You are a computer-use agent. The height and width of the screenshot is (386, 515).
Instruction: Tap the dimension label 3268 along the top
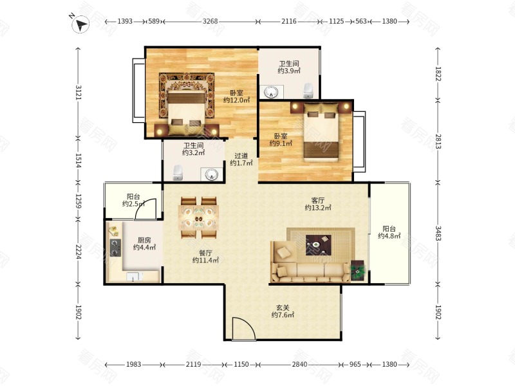210,21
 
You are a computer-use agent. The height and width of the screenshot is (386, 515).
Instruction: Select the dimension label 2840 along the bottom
300,364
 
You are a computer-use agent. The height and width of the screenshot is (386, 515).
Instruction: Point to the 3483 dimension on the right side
438,233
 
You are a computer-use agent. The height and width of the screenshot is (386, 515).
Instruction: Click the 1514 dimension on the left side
78,161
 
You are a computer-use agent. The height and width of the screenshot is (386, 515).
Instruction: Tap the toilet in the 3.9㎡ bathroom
308,91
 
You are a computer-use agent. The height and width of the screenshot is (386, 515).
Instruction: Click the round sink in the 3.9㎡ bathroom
271,92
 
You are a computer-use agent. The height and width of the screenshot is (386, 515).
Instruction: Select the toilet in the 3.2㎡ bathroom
178,172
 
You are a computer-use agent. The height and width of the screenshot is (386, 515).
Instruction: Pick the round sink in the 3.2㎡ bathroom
212,174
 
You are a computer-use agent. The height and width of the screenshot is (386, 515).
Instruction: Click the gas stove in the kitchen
115,248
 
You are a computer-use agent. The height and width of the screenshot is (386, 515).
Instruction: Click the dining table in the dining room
198,217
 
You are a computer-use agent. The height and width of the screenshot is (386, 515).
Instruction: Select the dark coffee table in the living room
318,245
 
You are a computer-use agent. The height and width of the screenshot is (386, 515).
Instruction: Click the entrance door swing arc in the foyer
244,328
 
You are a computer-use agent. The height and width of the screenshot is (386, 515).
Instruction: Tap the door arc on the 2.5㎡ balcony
145,210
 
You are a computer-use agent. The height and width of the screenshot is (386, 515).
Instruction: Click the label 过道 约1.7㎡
241,159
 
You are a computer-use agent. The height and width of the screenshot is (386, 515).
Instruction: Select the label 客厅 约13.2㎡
318,204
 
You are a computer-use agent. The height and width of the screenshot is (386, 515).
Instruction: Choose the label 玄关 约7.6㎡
283,311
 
